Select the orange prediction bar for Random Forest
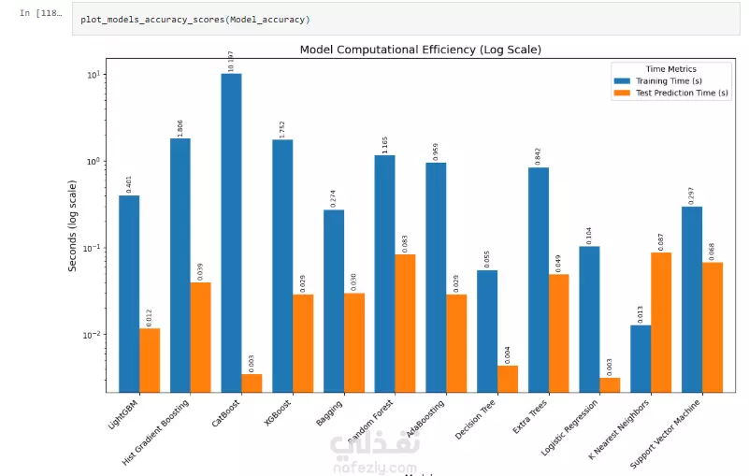pyautogui.click(x=405, y=323)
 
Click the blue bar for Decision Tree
pyautogui.click(x=487, y=331)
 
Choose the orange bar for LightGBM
pyautogui.click(x=150, y=360)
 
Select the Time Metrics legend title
pyautogui.click(x=670, y=69)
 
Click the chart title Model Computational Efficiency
pyautogui.click(x=420, y=50)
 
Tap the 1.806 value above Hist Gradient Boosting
pyautogui.click(x=180, y=127)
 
